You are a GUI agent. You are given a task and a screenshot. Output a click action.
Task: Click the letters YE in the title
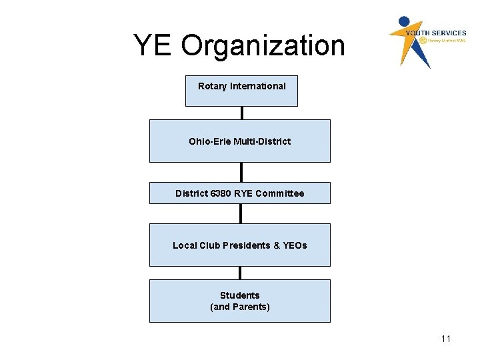pyautogui.click(x=153, y=46)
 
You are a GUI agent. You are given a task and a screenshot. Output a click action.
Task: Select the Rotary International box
pyautogui.click(x=241, y=91)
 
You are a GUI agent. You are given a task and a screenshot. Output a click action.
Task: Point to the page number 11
pyautogui.click(x=445, y=339)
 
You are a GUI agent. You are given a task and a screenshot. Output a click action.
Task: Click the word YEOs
pyautogui.click(x=295, y=245)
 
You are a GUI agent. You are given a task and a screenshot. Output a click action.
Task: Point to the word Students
pyautogui.click(x=239, y=295)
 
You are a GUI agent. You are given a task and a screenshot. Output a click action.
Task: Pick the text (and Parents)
pyautogui.click(x=239, y=307)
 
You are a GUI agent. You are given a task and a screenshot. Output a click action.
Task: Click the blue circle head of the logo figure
pyautogui.click(x=405, y=21)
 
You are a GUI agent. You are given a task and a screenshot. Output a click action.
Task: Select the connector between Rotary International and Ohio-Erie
pyautogui.click(x=241, y=113)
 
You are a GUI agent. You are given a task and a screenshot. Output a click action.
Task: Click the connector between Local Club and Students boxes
pyautogui.click(x=240, y=273)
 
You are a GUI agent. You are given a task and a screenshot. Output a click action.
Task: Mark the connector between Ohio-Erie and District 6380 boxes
pyautogui.click(x=241, y=172)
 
